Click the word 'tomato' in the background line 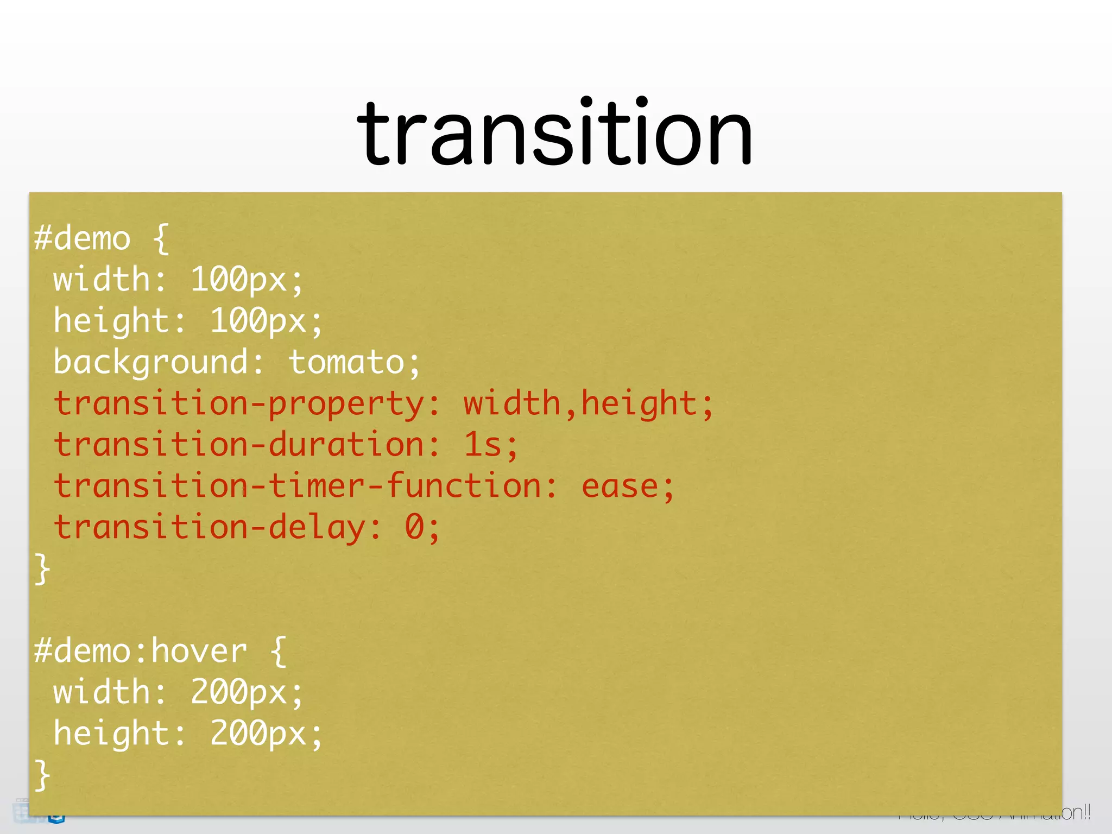coord(346,362)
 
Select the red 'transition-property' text coord(239,405)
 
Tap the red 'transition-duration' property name coord(239,445)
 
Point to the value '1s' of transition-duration coord(482,445)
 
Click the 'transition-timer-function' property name coord(298,486)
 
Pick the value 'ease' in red coord(620,486)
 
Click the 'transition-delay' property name coord(210,527)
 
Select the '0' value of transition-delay coord(414,527)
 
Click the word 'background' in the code coord(151,362)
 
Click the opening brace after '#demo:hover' coord(278,652)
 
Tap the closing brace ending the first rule coord(42,569)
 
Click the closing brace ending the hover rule coord(42,775)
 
